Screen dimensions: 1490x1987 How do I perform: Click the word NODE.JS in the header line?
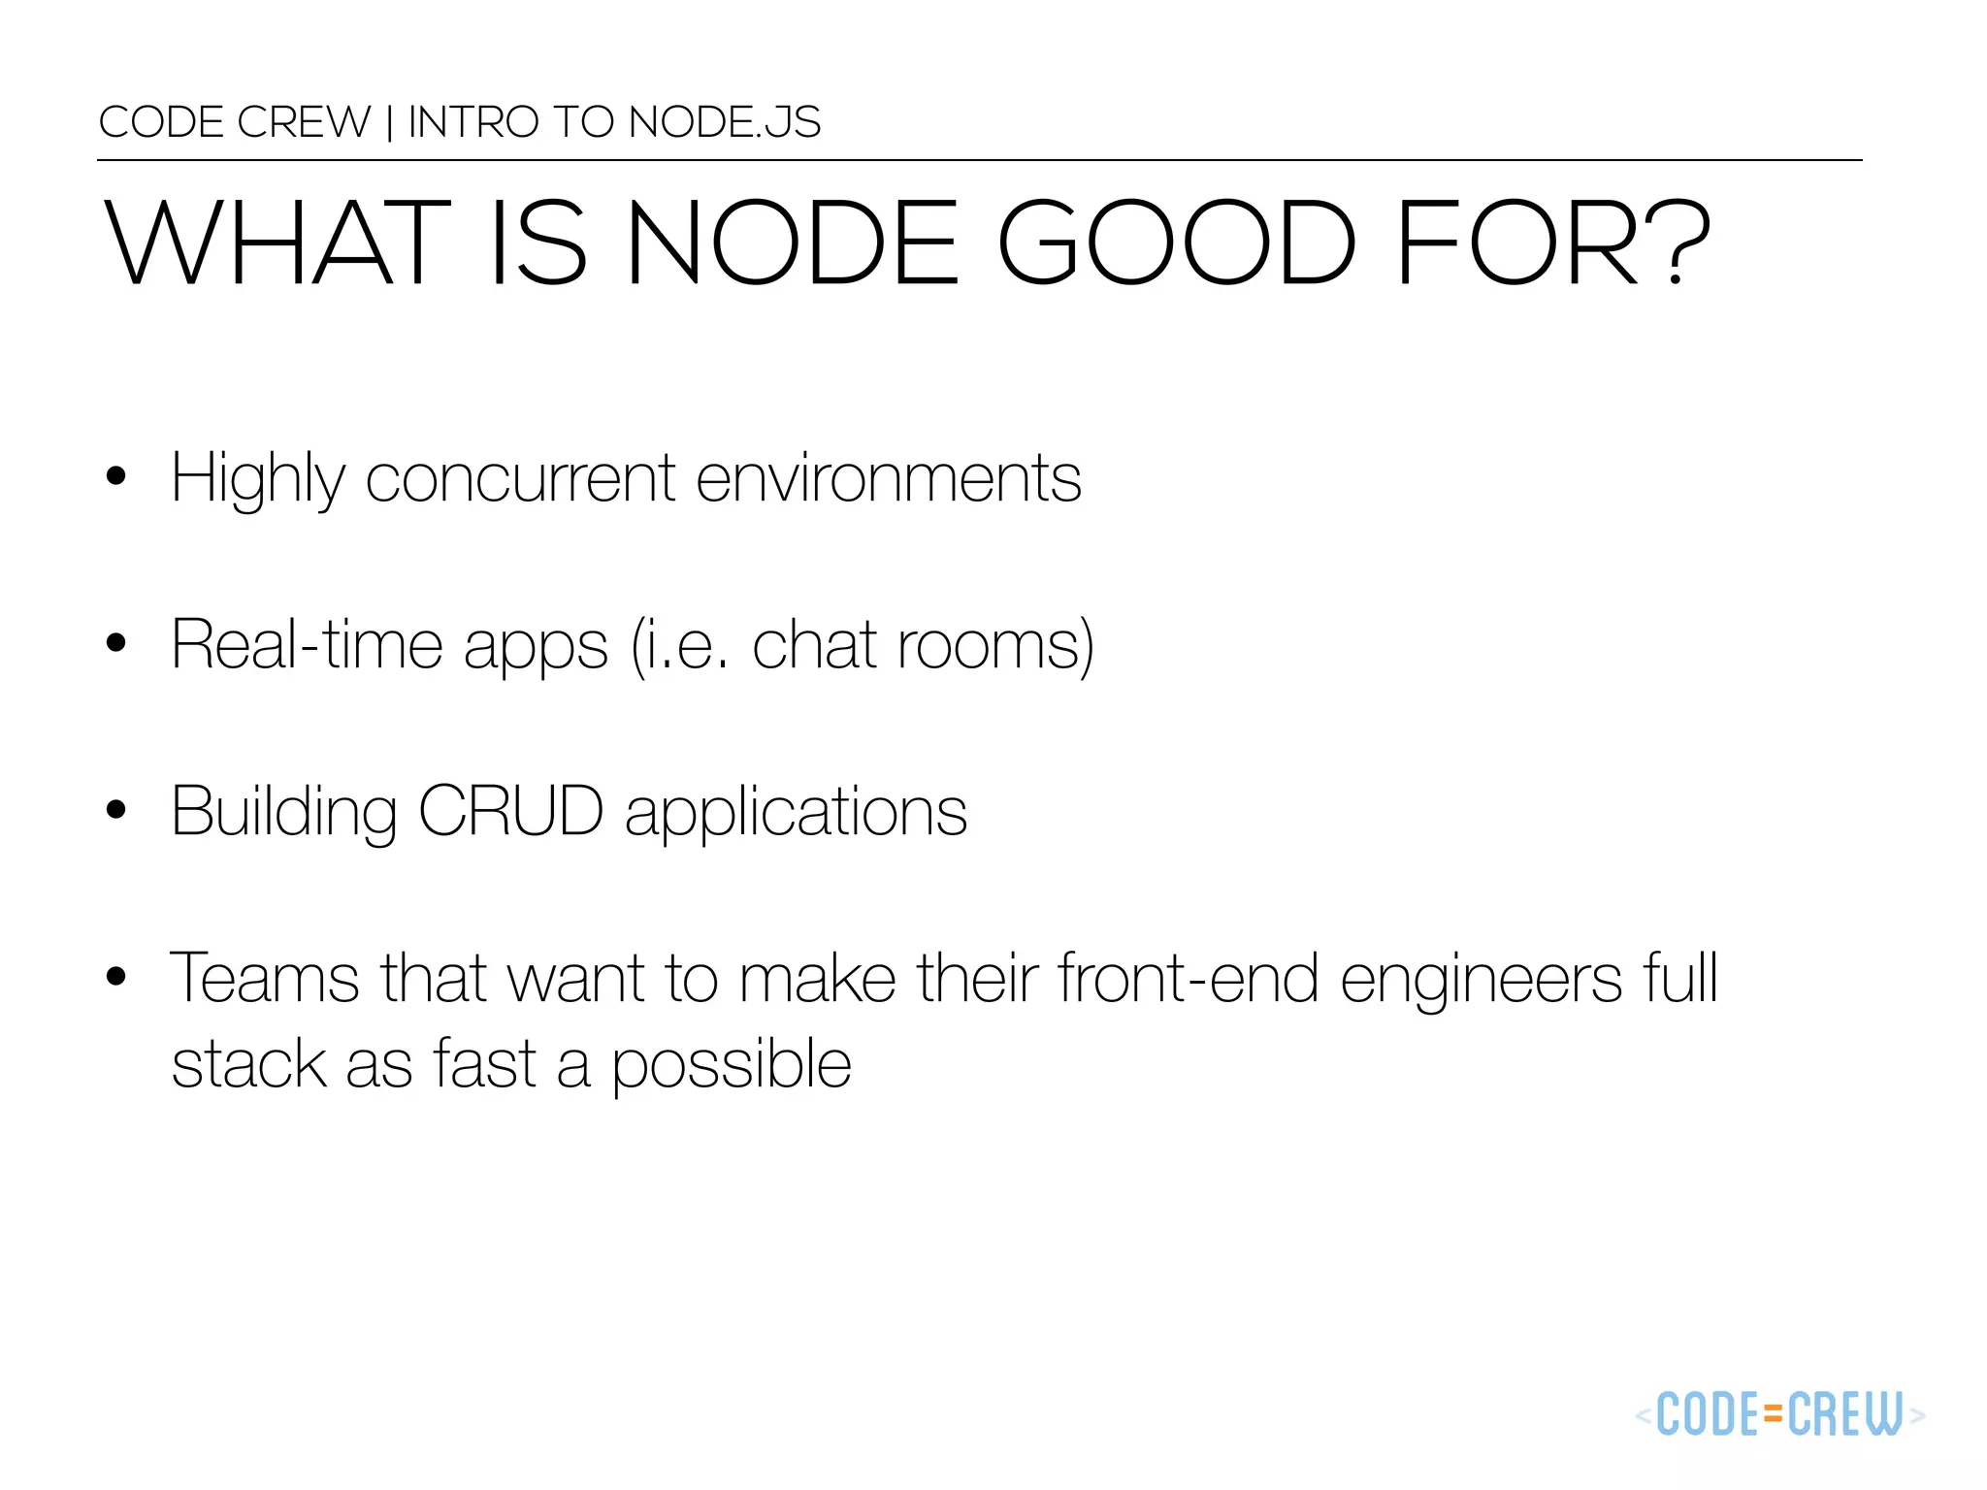(724, 122)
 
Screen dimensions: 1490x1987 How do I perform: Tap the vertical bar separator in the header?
(389, 123)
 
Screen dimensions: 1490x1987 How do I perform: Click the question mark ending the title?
(1678, 243)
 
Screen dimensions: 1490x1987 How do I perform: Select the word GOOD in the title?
(1176, 243)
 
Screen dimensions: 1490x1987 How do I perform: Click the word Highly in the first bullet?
(257, 479)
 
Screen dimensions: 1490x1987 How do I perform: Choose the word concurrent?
(520, 479)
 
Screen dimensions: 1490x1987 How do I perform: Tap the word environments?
(888, 479)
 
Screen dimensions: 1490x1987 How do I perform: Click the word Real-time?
(307, 645)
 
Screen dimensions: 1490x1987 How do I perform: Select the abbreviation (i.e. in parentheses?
(679, 645)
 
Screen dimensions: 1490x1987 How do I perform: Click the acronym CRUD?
(511, 811)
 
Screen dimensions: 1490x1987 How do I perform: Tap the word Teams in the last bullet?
(264, 978)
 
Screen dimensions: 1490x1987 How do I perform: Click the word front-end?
(1188, 978)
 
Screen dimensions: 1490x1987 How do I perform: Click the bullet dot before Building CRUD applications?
(116, 809)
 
